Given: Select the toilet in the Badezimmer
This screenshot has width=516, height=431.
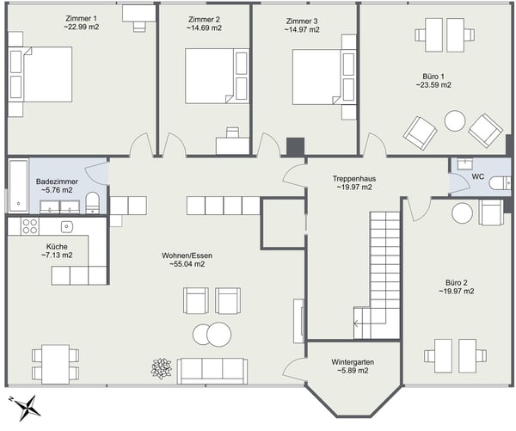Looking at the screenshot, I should [x=93, y=202].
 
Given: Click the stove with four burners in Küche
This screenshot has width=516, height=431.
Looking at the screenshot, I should [x=29, y=226].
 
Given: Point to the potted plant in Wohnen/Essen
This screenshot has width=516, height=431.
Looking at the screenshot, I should [x=161, y=367].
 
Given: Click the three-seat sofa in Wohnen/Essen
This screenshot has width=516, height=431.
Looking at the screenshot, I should [x=212, y=368].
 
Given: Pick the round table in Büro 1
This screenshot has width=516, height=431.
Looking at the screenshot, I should [x=453, y=121].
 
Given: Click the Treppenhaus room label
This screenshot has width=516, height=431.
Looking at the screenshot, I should [x=353, y=178].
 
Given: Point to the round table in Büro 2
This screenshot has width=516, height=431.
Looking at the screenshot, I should [x=464, y=212].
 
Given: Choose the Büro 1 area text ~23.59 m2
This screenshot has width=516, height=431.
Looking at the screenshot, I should [x=433, y=85].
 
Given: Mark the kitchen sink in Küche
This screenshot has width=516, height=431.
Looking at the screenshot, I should [x=65, y=225].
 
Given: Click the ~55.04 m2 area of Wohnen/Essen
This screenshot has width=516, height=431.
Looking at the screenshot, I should [x=187, y=265].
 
